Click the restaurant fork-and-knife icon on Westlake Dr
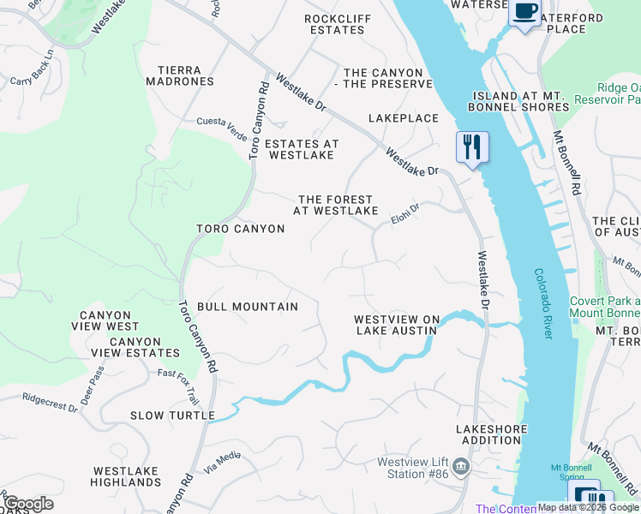(471, 146)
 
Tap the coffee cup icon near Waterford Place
(524, 12)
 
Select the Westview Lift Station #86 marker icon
(462, 467)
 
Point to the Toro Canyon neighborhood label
(240, 229)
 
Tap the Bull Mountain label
(248, 306)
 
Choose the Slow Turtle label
(172, 415)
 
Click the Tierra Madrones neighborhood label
(186, 75)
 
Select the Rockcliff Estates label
(337, 24)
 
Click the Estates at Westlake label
(301, 149)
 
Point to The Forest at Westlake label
(336, 205)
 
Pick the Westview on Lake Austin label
(397, 325)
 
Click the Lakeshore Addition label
(488, 433)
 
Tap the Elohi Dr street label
(406, 212)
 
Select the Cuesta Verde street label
(221, 123)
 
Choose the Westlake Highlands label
(126, 476)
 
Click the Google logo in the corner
(28, 503)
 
